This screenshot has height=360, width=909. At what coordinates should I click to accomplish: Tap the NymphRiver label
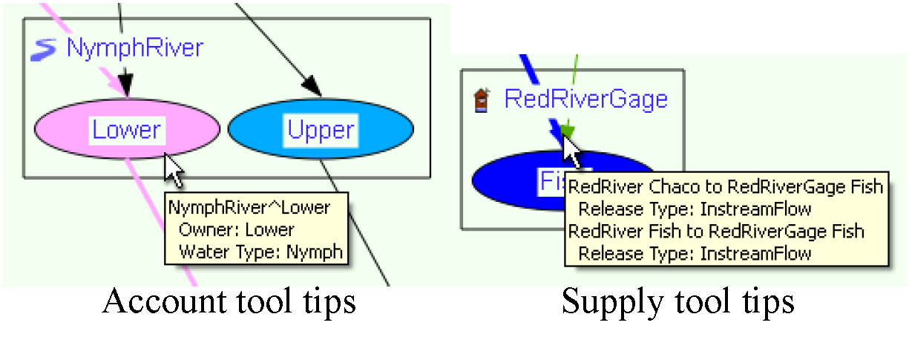click(x=134, y=49)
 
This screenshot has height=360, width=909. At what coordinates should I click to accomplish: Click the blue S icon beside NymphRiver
click(x=46, y=50)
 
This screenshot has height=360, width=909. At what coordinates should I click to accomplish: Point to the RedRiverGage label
click(x=585, y=99)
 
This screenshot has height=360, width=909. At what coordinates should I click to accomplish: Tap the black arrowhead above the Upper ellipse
click(x=312, y=88)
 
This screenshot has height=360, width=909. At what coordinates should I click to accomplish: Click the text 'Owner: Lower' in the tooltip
click(x=236, y=230)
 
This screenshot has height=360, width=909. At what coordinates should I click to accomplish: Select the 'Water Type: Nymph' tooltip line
click(x=260, y=252)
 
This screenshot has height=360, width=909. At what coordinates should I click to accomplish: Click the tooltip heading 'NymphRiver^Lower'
click(x=249, y=207)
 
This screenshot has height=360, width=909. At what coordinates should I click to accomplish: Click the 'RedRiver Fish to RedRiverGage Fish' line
click(x=716, y=231)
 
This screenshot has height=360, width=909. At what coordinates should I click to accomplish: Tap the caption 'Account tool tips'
click(x=229, y=301)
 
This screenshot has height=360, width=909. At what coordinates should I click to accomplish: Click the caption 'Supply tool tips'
click(x=677, y=301)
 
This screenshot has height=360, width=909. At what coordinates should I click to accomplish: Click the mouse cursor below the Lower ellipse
click(x=174, y=170)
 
